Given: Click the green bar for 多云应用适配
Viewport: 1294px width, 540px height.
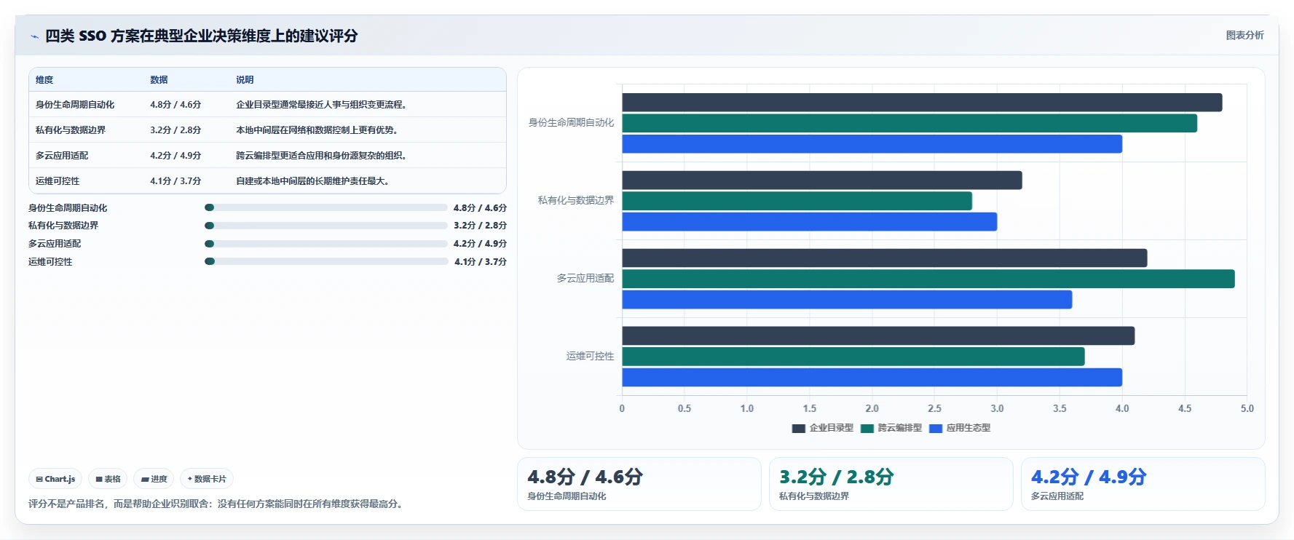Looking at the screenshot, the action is [x=928, y=279].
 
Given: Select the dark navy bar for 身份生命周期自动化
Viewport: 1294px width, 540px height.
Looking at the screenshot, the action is [x=922, y=103].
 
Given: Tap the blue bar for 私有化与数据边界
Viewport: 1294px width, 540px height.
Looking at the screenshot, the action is [x=810, y=222].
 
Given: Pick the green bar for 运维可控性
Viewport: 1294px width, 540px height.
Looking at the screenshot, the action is [x=853, y=357].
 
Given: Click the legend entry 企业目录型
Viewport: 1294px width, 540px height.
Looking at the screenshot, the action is [x=823, y=428].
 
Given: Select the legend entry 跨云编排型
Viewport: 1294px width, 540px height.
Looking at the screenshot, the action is [x=891, y=428].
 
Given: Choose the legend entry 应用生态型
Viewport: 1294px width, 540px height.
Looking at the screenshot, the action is [x=960, y=428].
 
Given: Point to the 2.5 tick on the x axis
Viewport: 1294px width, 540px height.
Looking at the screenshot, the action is [x=934, y=408].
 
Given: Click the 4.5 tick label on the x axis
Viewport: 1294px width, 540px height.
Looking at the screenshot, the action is [x=1185, y=408].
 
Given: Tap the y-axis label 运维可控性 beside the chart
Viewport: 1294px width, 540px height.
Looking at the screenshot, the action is [x=590, y=356].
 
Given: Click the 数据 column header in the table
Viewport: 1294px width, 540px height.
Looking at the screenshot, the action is [x=159, y=80].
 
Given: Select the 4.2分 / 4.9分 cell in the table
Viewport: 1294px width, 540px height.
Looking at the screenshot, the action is [x=175, y=156].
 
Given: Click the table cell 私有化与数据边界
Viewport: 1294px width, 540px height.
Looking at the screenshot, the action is [x=71, y=130].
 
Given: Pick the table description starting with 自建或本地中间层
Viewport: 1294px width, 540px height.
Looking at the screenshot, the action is [x=312, y=181].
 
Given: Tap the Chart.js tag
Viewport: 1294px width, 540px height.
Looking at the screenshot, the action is [x=55, y=479].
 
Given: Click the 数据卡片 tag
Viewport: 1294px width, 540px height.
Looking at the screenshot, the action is [x=207, y=479].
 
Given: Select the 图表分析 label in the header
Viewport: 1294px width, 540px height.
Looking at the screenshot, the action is [x=1244, y=35].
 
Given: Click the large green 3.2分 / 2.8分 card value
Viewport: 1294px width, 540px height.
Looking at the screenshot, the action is [x=836, y=477].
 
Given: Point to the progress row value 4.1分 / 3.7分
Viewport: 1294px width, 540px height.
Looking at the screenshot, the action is [x=481, y=262].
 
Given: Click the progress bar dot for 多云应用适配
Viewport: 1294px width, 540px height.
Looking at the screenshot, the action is [x=210, y=244].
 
